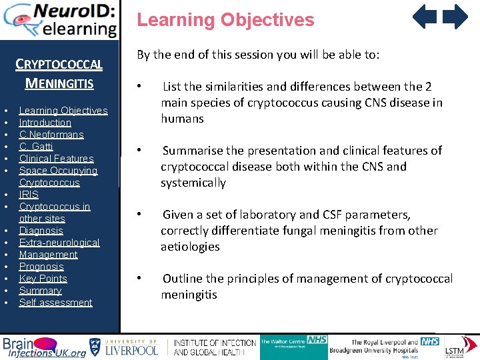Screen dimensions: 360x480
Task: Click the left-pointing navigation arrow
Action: tap(424, 17)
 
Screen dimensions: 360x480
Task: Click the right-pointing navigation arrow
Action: tap(456, 17)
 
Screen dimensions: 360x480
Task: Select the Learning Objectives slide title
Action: tap(225, 19)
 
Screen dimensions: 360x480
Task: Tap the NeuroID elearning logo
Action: tap(60, 19)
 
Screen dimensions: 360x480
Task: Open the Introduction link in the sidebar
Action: tap(45, 123)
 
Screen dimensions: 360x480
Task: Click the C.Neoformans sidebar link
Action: tap(51, 135)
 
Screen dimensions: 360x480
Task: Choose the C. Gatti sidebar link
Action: tap(36, 147)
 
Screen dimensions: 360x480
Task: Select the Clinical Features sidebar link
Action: tap(56, 159)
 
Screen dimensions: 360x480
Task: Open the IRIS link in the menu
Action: tap(29, 195)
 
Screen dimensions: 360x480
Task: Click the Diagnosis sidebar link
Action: tap(41, 231)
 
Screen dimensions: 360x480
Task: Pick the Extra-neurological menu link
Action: tap(59, 243)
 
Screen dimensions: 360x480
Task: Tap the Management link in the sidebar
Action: tap(48, 255)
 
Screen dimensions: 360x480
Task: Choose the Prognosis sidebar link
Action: tap(41, 267)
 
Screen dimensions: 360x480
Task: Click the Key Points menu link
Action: tap(43, 279)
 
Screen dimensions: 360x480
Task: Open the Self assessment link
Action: tap(55, 303)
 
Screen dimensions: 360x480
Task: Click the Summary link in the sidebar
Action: tap(40, 291)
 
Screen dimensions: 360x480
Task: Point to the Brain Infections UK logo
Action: tap(44, 347)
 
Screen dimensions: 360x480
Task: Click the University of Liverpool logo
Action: tap(125, 347)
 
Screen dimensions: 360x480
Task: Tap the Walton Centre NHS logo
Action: tap(293, 347)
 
